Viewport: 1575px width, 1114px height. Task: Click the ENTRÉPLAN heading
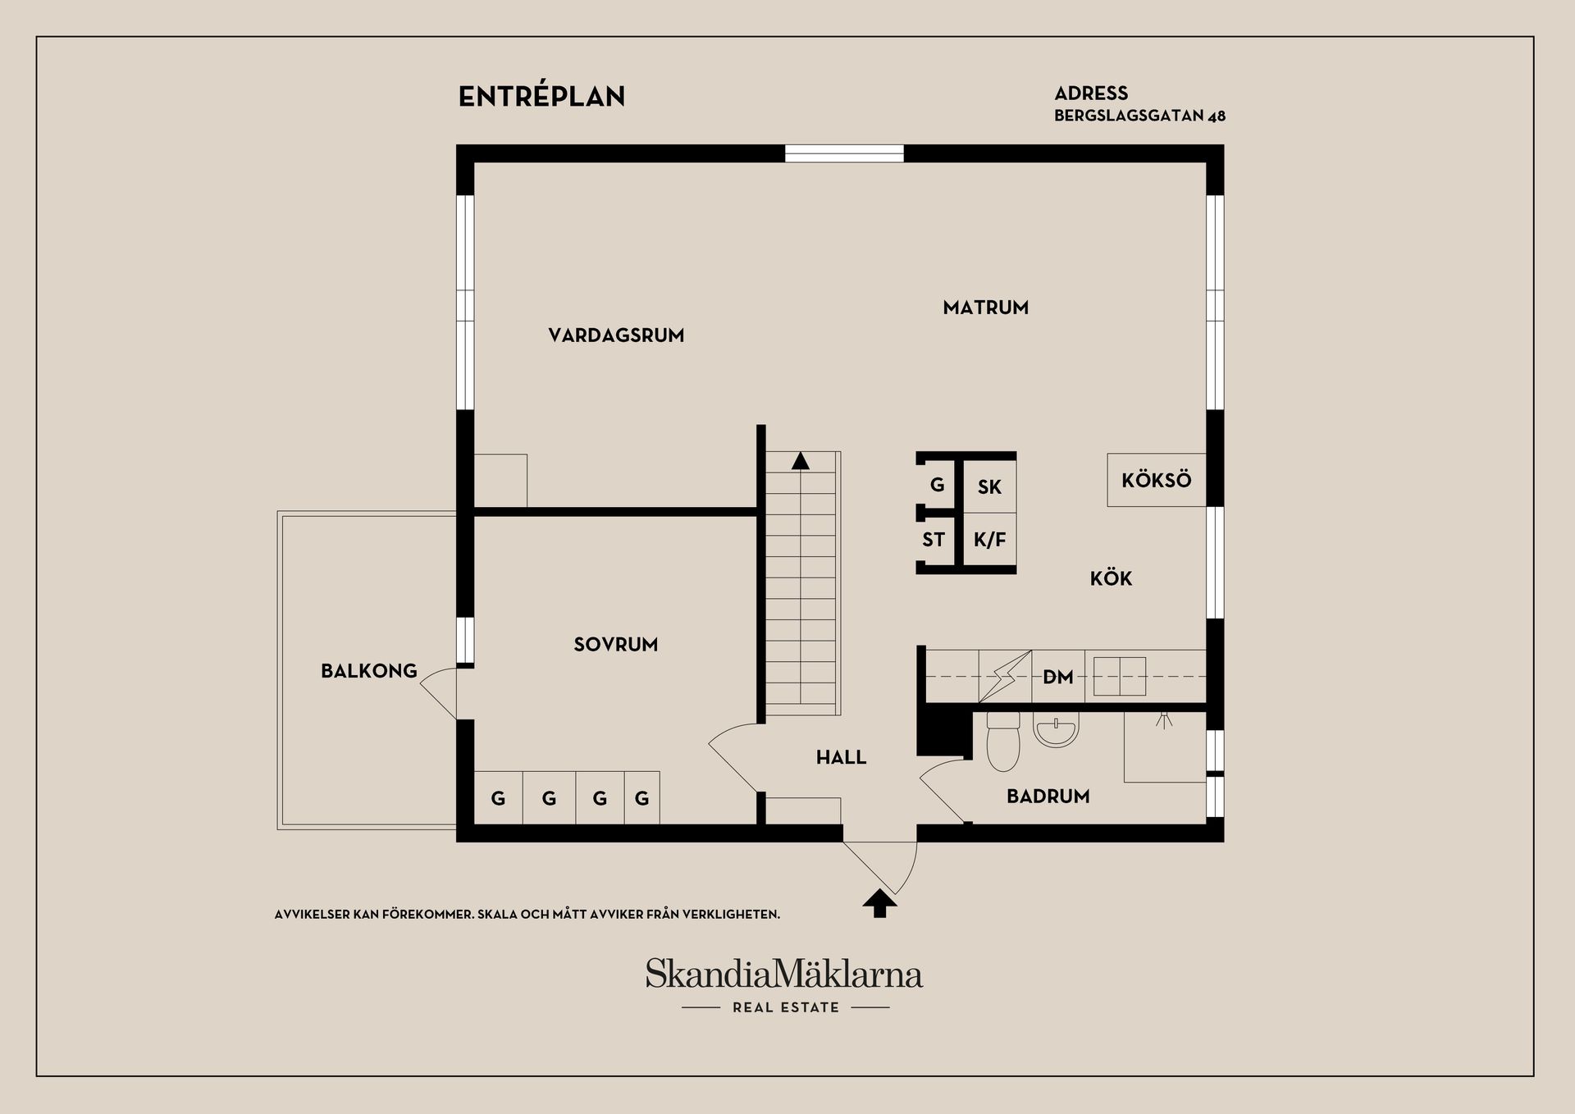tap(541, 97)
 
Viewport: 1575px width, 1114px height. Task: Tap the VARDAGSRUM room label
tap(616, 335)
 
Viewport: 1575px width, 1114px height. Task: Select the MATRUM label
tap(985, 308)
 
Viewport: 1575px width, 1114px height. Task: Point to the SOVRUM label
tap(615, 645)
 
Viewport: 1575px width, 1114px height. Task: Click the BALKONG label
tap(369, 671)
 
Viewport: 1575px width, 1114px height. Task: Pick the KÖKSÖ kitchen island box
tap(1156, 480)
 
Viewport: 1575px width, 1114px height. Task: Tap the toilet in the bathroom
tap(1002, 742)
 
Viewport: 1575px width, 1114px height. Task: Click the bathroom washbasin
tap(1056, 729)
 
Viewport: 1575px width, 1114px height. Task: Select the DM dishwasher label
tap(1057, 677)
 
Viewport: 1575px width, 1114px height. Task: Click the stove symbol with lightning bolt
tap(1005, 676)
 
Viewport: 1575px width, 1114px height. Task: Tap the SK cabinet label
tap(989, 487)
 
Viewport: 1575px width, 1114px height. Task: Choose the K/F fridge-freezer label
tap(989, 540)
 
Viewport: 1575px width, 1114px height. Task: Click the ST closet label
tap(934, 540)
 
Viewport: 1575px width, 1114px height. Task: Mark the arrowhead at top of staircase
tap(801, 461)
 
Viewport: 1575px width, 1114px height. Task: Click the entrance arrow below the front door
tap(879, 904)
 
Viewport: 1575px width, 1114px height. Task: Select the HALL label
tap(841, 757)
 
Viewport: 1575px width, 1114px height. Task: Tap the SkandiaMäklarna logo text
tap(784, 975)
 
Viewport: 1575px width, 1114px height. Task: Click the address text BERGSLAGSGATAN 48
tap(1139, 116)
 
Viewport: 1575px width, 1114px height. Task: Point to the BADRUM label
tap(1048, 796)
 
